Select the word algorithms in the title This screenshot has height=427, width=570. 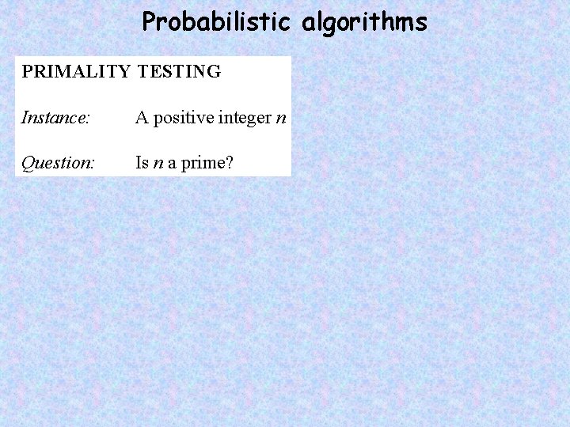tap(364, 23)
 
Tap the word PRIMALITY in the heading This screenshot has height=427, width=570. tap(75, 71)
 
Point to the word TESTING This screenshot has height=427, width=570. tap(179, 71)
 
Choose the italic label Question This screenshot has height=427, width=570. tap(58, 163)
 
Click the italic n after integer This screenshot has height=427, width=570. tap(280, 119)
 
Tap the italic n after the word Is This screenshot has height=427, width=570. tap(158, 164)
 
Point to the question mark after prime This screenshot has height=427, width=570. tap(230, 163)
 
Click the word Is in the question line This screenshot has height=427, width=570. tap(142, 163)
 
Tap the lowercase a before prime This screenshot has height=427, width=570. tap(172, 164)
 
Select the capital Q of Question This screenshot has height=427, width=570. tap(28, 163)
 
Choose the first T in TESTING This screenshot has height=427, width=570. tap(142, 71)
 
